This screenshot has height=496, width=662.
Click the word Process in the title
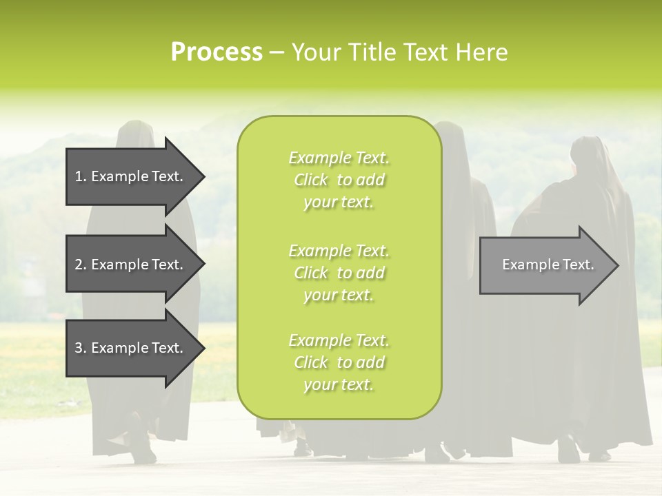(217, 52)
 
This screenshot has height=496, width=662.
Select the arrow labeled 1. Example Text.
(131, 176)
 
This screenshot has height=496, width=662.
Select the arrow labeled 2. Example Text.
(131, 265)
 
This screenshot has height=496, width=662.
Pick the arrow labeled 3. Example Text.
(131, 348)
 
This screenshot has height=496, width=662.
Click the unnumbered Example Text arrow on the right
(545, 265)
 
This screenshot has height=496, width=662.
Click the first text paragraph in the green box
(339, 180)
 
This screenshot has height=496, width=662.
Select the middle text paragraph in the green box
(339, 273)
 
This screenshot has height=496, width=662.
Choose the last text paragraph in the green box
(339, 362)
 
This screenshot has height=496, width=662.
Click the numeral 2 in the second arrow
(79, 265)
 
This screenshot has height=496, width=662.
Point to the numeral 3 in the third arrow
(79, 348)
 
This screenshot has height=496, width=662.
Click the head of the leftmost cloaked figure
(136, 134)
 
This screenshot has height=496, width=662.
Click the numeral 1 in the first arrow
(79, 176)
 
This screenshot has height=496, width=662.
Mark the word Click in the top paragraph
(311, 180)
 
